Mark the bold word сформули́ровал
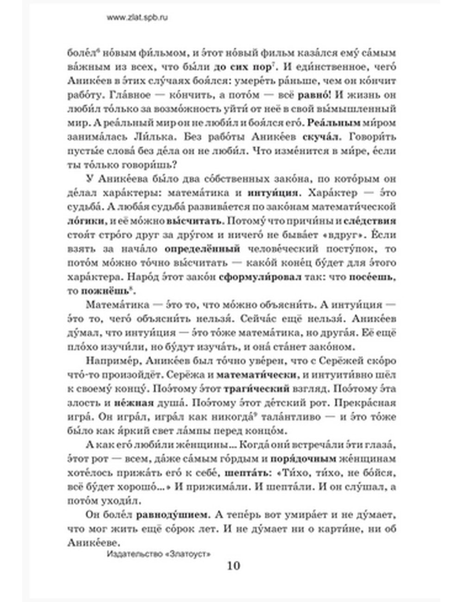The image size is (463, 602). [x=261, y=277]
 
